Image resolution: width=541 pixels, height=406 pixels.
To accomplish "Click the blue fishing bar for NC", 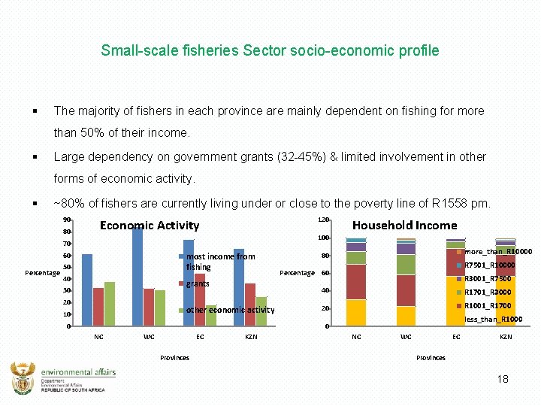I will (87, 289).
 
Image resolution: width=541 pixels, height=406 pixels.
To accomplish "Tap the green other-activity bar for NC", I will (110, 304).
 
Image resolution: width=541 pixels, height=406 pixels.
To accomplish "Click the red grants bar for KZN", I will (250, 304).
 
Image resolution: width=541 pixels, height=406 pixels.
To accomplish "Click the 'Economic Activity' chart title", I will (150, 225).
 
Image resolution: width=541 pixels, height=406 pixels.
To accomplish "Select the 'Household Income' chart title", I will (404, 225).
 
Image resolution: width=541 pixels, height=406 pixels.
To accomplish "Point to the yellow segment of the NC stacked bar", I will (356, 312).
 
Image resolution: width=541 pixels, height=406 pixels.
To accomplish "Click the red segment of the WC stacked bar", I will (406, 290).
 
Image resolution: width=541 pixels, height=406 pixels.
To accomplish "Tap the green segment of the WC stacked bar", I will (406, 265).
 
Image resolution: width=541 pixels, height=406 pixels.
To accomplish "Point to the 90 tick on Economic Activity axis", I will (66, 220).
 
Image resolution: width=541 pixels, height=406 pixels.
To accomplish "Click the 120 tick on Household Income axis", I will (322, 220).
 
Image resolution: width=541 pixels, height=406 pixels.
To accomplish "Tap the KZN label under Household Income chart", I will (506, 337).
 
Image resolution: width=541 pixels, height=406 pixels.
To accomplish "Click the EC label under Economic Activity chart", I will (200, 337).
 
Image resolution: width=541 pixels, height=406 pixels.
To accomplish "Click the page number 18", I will (503, 379).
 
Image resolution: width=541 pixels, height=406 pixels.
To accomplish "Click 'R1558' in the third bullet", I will (450, 204).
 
